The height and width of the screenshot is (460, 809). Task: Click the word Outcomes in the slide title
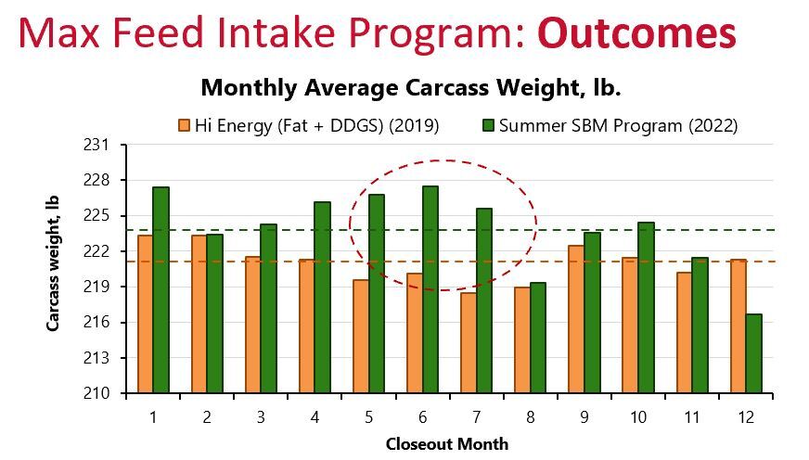pos(637,33)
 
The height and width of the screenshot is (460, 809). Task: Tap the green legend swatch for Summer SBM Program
pos(488,126)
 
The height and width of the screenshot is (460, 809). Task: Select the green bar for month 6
pos(430,289)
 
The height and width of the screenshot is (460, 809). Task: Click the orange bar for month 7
pos(469,343)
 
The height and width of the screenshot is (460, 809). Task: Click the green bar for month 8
pos(537,338)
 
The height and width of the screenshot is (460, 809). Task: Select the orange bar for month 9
pos(576,319)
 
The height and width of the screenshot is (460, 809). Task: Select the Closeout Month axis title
pos(447,444)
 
